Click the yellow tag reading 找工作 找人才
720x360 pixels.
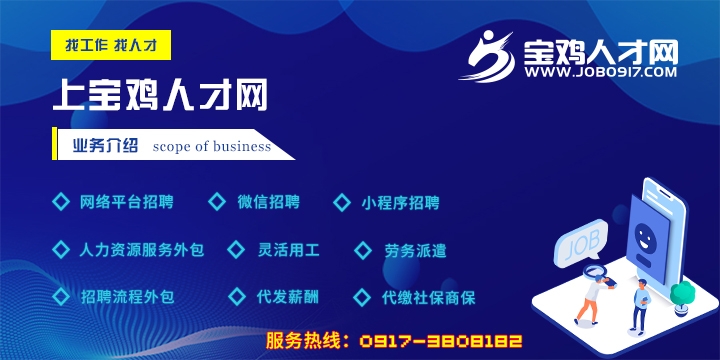pyautogui.click(x=111, y=45)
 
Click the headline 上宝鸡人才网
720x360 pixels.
pyautogui.click(x=160, y=96)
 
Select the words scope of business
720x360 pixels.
pyautogui.click(x=212, y=146)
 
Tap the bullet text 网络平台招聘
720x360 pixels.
pyautogui.click(x=126, y=202)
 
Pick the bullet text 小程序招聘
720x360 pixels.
pyautogui.click(x=400, y=202)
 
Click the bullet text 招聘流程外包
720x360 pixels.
pyautogui.click(x=126, y=297)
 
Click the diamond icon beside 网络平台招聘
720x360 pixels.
pyautogui.click(x=59, y=202)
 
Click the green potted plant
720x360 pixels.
pyautogui.click(x=682, y=295)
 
